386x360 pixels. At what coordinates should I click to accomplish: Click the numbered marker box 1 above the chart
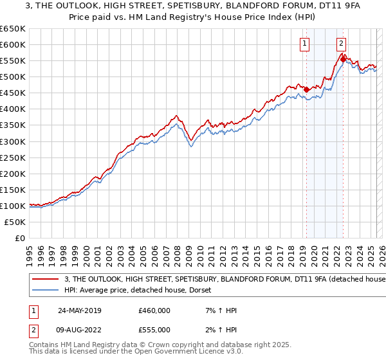(304, 44)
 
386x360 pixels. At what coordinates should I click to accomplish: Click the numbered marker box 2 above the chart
(341, 44)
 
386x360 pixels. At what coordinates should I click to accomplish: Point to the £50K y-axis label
(15, 222)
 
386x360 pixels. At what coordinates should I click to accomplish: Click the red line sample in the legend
(46, 279)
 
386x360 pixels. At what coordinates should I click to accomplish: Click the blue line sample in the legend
(46, 291)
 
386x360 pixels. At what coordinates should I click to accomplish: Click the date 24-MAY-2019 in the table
(80, 310)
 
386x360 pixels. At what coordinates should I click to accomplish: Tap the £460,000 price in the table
(154, 310)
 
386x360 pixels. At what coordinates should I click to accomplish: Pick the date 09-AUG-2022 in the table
(80, 330)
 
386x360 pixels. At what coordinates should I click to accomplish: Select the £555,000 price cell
(154, 330)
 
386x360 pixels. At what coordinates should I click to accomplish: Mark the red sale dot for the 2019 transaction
(306, 89)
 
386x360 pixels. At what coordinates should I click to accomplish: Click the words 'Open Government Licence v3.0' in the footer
(188, 354)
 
